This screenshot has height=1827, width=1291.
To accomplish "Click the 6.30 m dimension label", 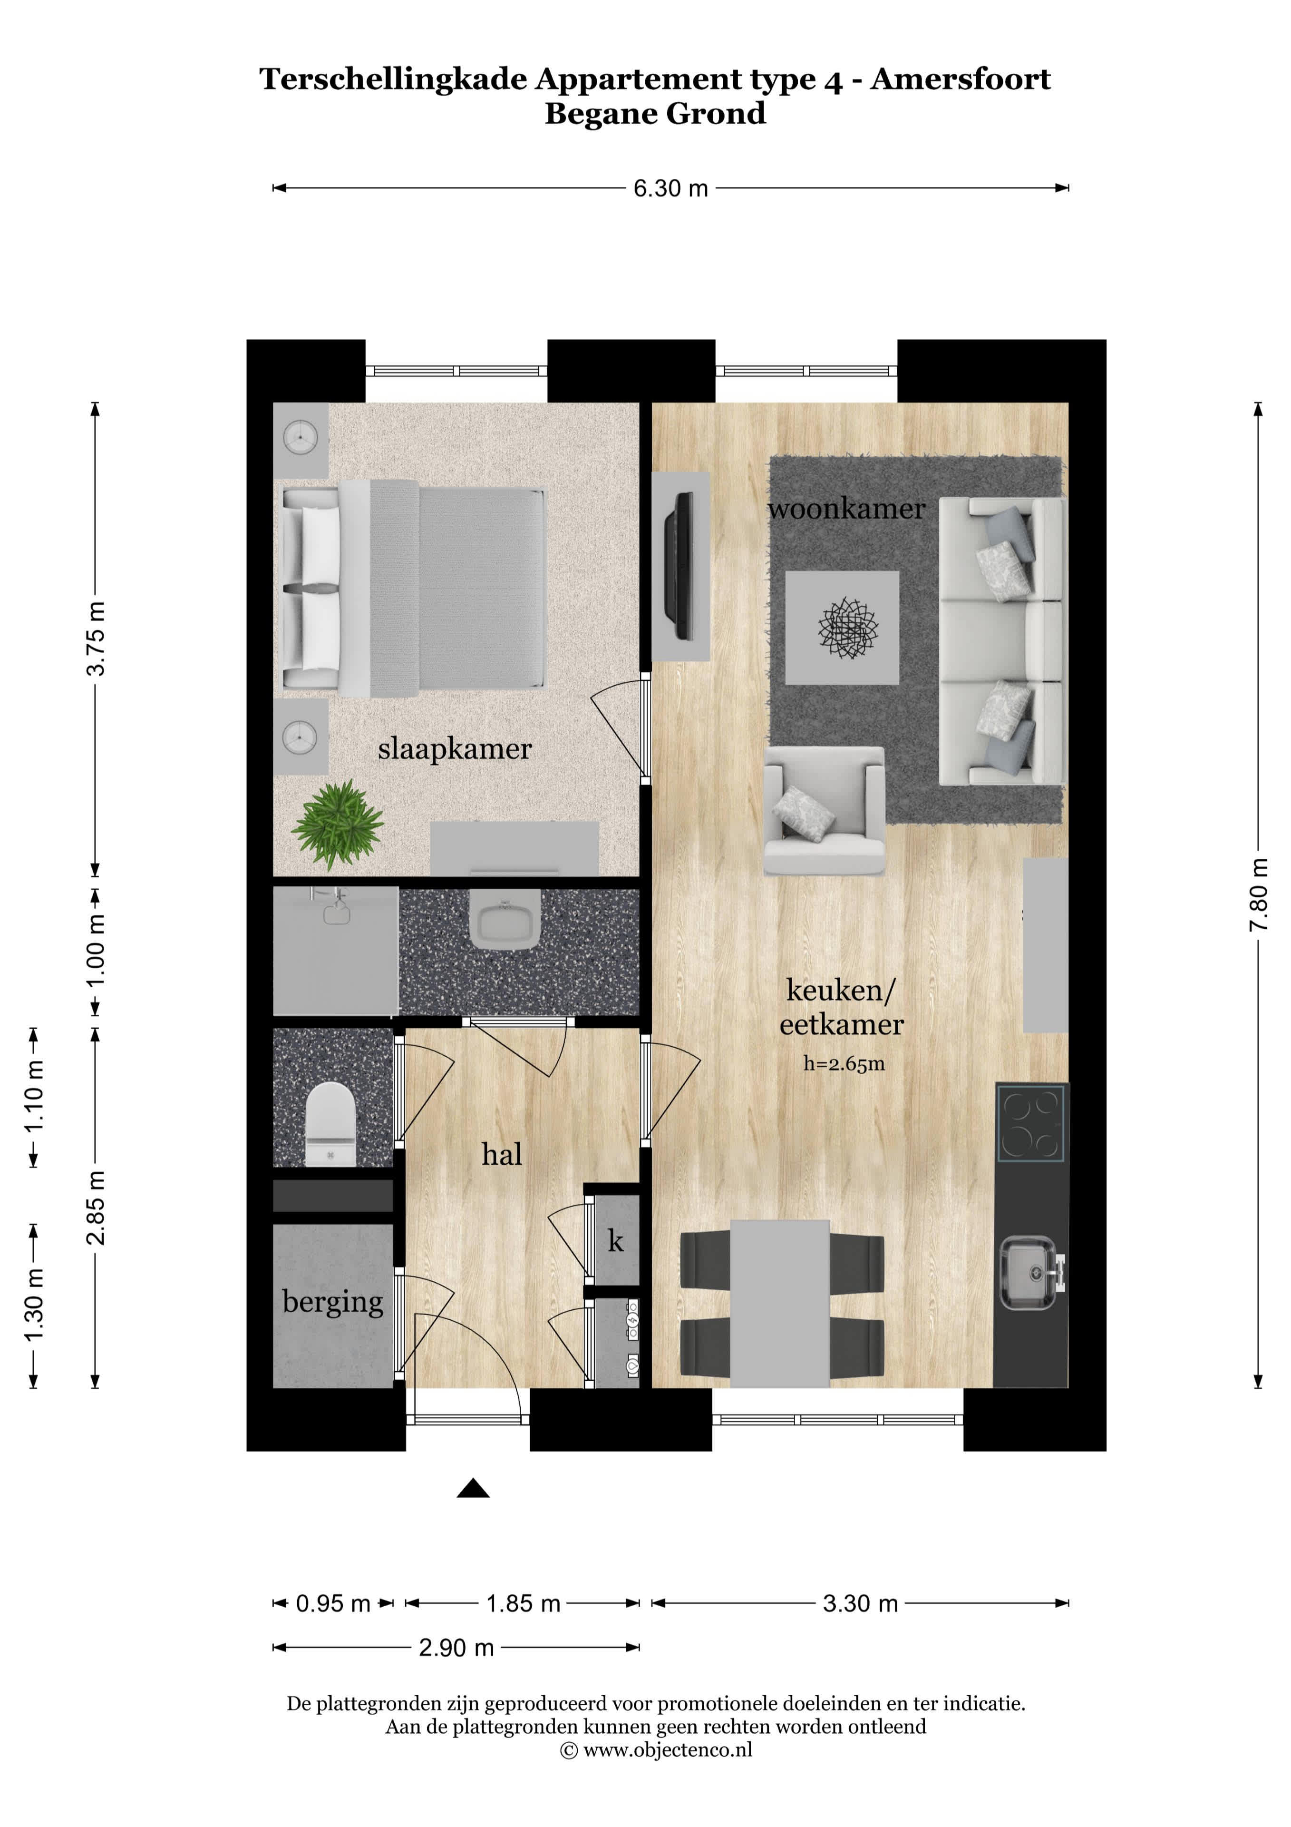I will pyautogui.click(x=670, y=188).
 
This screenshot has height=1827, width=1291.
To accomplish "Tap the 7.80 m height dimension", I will pyautogui.click(x=1258, y=894).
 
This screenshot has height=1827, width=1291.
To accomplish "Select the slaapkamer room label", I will pyautogui.click(x=454, y=749).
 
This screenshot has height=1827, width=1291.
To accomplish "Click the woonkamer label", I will pyautogui.click(x=846, y=509).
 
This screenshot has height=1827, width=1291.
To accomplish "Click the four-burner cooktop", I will pyautogui.click(x=1031, y=1123).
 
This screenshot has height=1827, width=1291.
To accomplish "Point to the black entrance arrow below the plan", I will pyautogui.click(x=473, y=1488).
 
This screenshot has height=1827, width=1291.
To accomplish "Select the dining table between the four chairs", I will pyautogui.click(x=779, y=1304).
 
